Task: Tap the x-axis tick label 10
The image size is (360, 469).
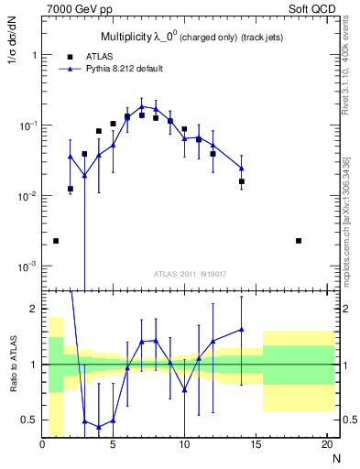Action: pyautogui.click(x=184, y=445)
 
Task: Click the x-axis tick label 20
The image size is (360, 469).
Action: pyautogui.click(x=326, y=445)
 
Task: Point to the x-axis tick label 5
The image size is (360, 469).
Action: pyautogui.click(x=113, y=445)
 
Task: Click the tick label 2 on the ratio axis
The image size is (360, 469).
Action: pyautogui.click(x=34, y=309)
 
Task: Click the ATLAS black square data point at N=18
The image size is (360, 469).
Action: pyautogui.click(x=299, y=241)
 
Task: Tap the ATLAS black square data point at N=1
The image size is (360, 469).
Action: pyautogui.click(x=56, y=241)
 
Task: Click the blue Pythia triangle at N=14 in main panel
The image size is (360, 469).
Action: pyautogui.click(x=242, y=168)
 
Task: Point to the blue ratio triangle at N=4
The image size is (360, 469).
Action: pyautogui.click(x=99, y=426)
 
